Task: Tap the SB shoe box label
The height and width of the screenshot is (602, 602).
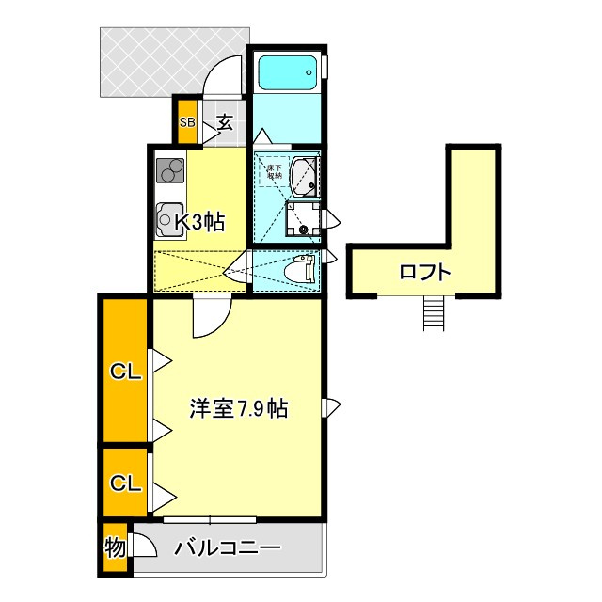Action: coord(186,122)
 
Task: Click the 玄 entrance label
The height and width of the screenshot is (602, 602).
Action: coord(226,121)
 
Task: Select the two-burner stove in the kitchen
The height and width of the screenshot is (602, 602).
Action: coord(171,171)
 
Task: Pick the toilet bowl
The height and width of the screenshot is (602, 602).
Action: coord(300,270)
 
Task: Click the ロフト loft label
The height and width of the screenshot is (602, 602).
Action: coord(425,273)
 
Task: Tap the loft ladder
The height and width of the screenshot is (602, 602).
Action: coord(432,312)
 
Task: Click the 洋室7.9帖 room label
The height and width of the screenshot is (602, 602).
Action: coord(238,409)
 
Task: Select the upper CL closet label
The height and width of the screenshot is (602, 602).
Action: coord(126,372)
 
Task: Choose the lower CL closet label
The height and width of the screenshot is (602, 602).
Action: coord(126,483)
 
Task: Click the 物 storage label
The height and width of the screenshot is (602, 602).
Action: coord(114,548)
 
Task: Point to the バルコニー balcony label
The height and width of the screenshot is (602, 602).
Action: coord(228,548)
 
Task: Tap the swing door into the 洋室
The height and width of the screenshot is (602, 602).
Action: coord(212,315)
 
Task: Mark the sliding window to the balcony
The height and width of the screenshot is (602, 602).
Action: coord(209,518)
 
